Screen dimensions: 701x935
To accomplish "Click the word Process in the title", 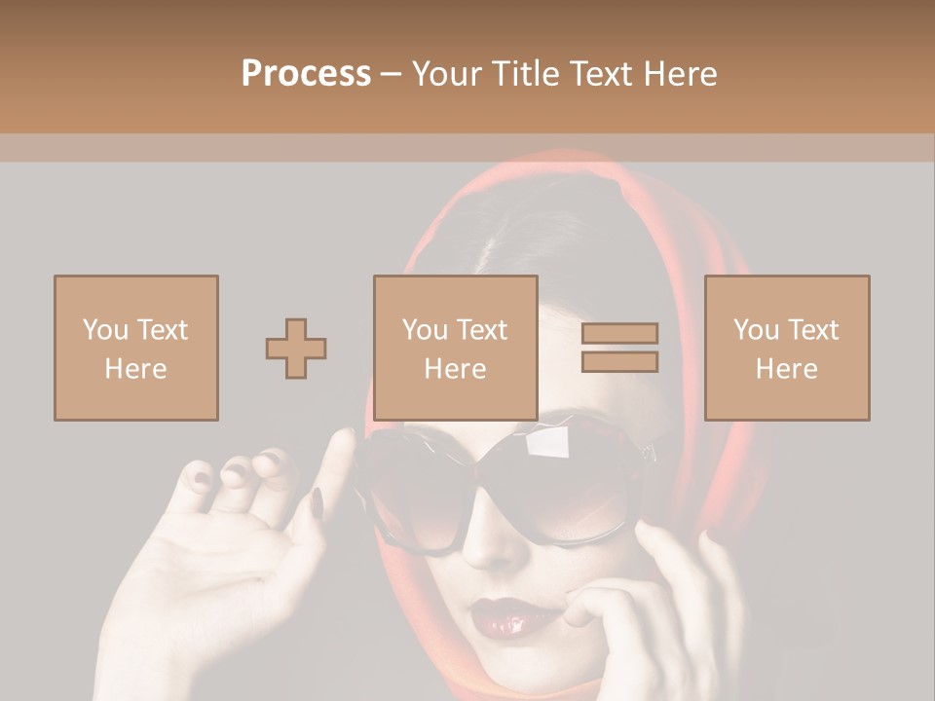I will [306, 74].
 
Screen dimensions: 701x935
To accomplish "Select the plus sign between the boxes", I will [296, 348].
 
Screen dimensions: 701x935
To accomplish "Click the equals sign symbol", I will [619, 348].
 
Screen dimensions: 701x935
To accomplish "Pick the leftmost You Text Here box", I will [135, 348].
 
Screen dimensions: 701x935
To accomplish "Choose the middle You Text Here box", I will [455, 348].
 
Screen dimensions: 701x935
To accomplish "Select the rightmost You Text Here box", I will [786, 348].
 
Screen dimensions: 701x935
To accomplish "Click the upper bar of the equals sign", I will [619, 334].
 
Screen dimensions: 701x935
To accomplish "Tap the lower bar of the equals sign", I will [619, 361].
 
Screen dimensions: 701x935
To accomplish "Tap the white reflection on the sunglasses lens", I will [550, 443].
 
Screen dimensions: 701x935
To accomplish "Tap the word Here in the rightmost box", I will [786, 368].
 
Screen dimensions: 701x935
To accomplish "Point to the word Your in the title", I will [444, 74].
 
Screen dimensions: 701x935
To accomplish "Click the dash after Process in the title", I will [391, 74].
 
